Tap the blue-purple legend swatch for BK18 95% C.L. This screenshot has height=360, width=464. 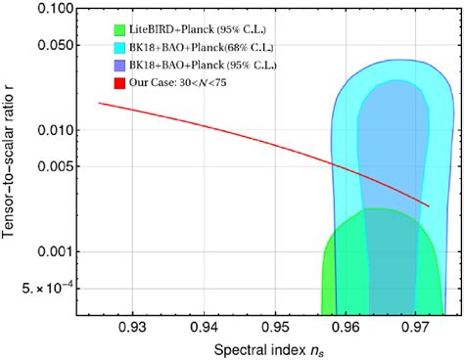pyautogui.click(x=120, y=64)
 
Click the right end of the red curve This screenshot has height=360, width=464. pyautogui.click(x=429, y=205)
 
